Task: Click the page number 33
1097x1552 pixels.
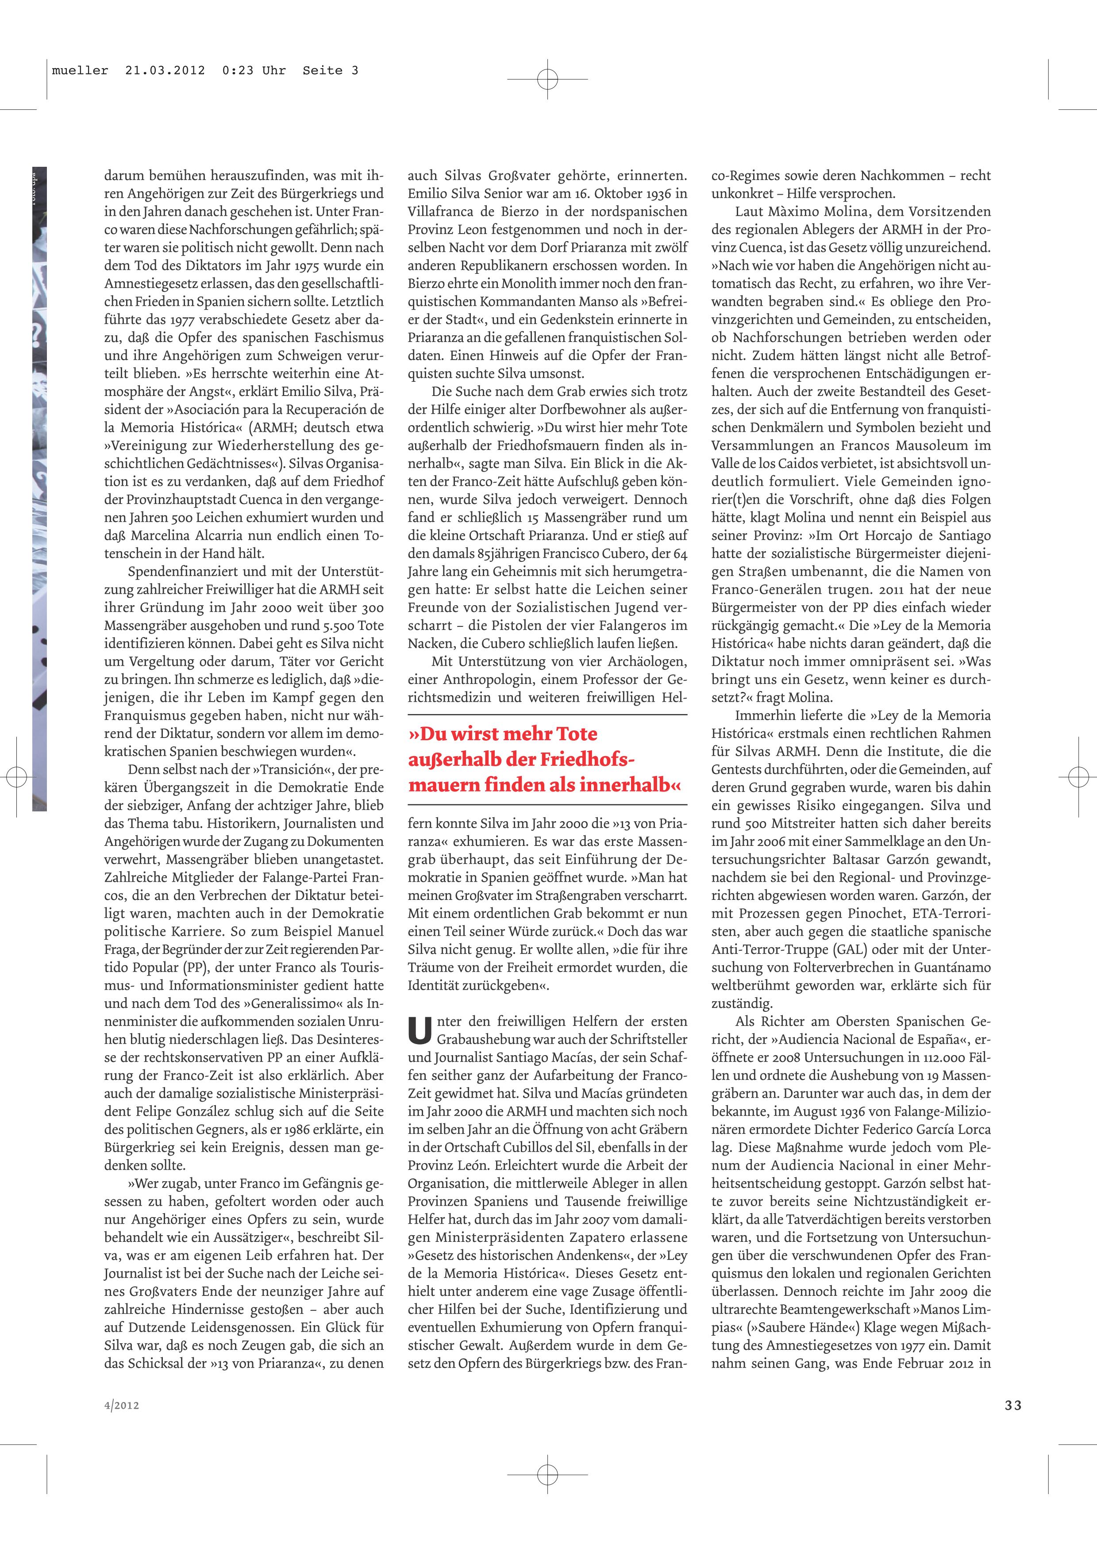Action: pos(1012,1405)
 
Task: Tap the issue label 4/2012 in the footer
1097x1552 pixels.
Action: pos(122,1405)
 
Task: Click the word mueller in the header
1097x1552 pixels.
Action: pos(80,70)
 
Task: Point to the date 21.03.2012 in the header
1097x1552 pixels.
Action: pos(165,70)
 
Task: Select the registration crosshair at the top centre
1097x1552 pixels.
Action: pos(547,80)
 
